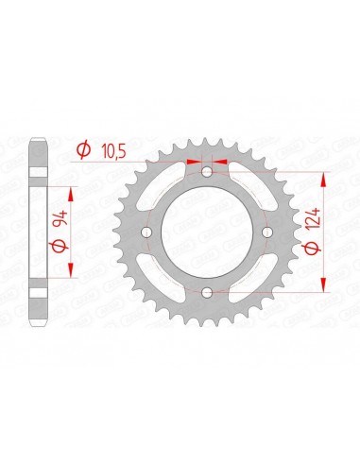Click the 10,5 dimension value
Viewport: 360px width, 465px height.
coord(114,152)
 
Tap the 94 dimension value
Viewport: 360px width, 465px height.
coord(60,219)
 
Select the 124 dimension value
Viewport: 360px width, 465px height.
coord(314,218)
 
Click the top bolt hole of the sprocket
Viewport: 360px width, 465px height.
coord(207,172)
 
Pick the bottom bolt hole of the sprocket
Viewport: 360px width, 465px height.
coord(207,293)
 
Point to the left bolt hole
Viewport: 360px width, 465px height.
coord(146,232)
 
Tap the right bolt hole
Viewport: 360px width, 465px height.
coord(267,232)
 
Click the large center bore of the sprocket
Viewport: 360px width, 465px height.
coord(207,232)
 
